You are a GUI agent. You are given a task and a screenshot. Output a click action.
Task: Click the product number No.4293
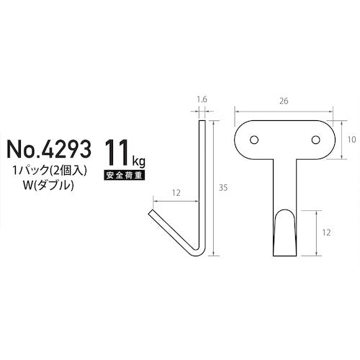[x=49, y=149]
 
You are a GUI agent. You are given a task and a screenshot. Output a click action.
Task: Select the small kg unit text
[x=138, y=161]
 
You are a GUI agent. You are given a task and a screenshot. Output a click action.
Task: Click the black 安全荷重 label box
[x=125, y=176]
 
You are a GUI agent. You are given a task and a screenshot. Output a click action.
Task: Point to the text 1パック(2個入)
[x=50, y=171]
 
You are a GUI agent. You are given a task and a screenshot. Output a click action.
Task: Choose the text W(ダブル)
[x=48, y=186]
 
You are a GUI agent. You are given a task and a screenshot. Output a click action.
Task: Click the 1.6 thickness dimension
[x=202, y=99]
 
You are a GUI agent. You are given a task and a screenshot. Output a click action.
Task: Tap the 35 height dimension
[x=223, y=188]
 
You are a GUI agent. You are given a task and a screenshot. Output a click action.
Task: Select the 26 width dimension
[x=284, y=101]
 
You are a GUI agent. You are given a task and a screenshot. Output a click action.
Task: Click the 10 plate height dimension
[x=351, y=140]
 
